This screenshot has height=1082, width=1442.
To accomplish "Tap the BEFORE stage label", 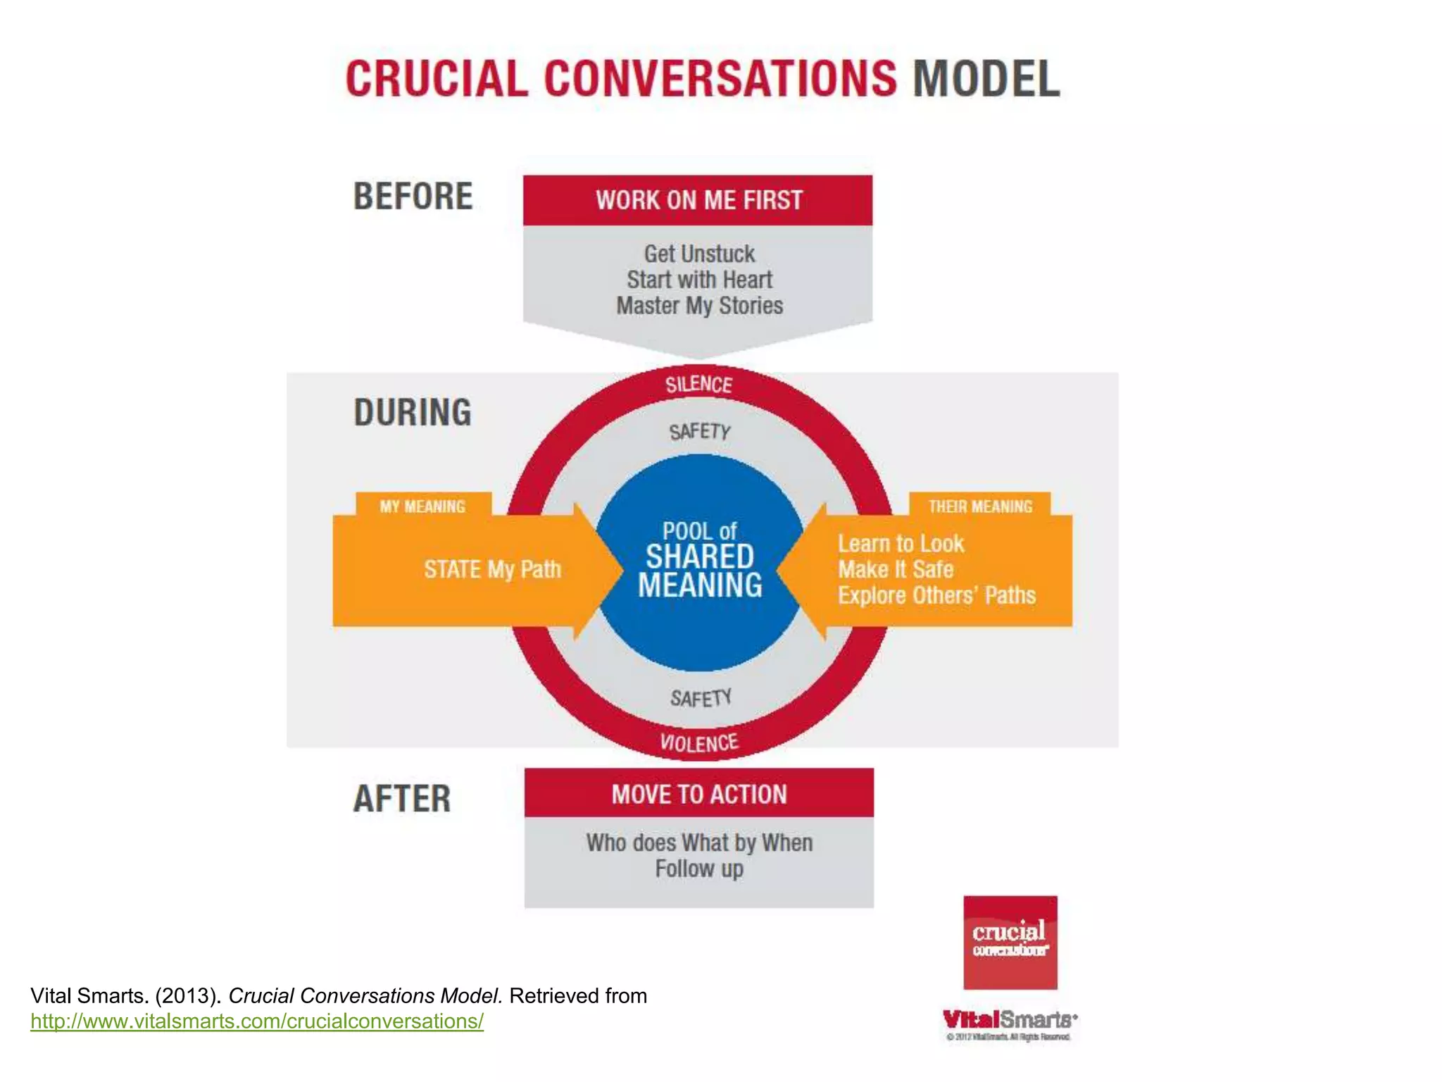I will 413,197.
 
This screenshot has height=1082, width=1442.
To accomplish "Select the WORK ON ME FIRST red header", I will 698,201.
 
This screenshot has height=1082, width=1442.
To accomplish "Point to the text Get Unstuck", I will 699,254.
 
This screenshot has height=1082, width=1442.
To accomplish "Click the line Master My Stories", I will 699,306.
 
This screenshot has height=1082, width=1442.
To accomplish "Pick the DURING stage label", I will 413,413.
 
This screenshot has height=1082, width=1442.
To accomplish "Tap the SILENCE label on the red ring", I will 699,385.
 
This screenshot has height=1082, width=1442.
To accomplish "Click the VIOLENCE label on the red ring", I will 699,743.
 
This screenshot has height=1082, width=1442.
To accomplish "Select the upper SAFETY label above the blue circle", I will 700,431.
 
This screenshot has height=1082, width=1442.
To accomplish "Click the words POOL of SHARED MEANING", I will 700,561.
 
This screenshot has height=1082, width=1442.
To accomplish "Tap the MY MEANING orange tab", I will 422,506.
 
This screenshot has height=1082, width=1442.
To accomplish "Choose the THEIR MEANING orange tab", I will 980,506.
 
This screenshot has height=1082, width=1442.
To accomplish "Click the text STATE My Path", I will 492,569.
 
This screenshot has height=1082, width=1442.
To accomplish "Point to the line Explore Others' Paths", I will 936,596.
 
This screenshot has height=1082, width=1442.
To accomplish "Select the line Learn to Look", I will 901,544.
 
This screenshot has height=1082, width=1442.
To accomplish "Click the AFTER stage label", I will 402,799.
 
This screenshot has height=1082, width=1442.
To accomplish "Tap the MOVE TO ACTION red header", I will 699,795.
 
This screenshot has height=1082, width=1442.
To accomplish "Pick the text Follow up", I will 699,869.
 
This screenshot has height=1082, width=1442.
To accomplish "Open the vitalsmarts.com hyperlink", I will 257,1021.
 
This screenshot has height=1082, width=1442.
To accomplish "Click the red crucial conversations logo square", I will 1010,943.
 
